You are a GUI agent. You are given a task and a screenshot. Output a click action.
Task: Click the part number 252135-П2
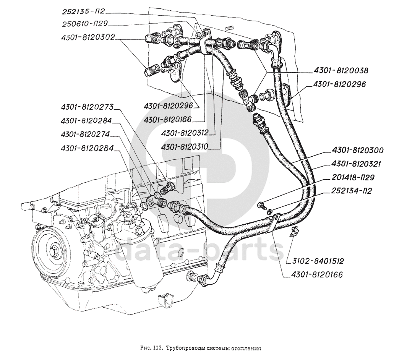click(x=84, y=12)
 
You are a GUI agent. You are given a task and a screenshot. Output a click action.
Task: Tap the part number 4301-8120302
click(x=88, y=37)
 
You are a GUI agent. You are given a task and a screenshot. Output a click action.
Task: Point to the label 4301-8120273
click(x=87, y=107)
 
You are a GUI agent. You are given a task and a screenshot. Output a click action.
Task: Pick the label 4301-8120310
click(x=185, y=146)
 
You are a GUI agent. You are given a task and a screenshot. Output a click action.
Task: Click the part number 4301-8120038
click(x=341, y=70)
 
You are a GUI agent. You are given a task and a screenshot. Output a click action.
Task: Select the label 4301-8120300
click(x=357, y=151)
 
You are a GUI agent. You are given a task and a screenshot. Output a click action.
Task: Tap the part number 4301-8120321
click(x=356, y=164)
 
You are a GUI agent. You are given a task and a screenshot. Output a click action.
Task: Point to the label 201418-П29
click(x=353, y=177)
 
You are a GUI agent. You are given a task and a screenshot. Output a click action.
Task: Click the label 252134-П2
click(x=351, y=191)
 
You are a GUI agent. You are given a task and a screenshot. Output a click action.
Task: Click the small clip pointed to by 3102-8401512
click(x=294, y=231)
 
